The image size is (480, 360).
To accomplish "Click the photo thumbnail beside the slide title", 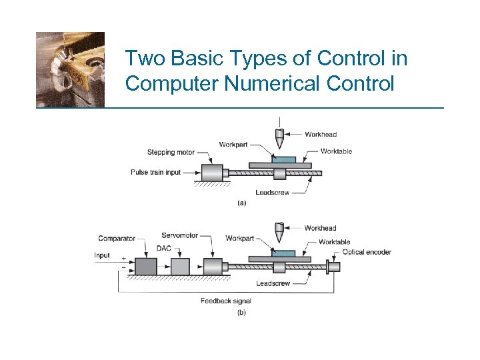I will pos(70,69).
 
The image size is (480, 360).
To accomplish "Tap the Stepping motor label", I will pos(170,152).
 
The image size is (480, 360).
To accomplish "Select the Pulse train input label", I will pos(155,172).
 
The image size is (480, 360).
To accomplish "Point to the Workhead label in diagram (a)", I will pos(321,135).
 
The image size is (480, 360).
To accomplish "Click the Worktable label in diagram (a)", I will pos(336,151).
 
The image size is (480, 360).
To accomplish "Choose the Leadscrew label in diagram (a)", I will pos(272,193).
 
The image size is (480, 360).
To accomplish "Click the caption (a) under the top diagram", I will pos(241,203).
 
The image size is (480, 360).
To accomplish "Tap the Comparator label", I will pos(117,238).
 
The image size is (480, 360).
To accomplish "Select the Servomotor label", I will pos(179,235).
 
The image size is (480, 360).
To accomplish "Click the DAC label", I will pos(164,248).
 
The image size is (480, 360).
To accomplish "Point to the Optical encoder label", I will pos(367,252).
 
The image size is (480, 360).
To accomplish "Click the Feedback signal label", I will pos(226,301).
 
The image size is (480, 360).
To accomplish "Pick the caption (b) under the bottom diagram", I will pos(241,312).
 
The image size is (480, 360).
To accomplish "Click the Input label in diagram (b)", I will pos(102,255).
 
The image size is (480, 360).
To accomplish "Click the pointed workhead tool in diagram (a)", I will pos(279,140).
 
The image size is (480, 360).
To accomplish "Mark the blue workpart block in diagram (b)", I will pos(283,253).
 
